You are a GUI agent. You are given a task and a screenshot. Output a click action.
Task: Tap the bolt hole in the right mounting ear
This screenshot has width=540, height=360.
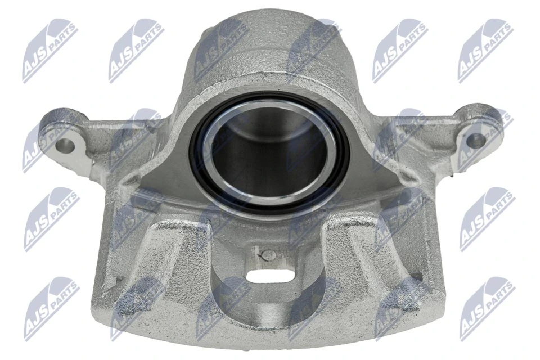475,141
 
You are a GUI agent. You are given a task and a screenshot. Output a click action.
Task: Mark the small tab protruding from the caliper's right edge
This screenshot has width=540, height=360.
417,277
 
